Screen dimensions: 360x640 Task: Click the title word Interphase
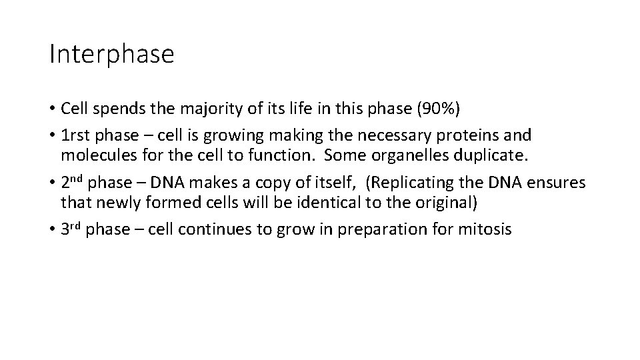pos(111,54)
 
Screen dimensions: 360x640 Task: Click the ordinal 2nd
pos(71,182)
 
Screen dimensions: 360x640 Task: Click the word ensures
pos(561,183)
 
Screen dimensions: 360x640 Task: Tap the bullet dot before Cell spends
pos(52,109)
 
